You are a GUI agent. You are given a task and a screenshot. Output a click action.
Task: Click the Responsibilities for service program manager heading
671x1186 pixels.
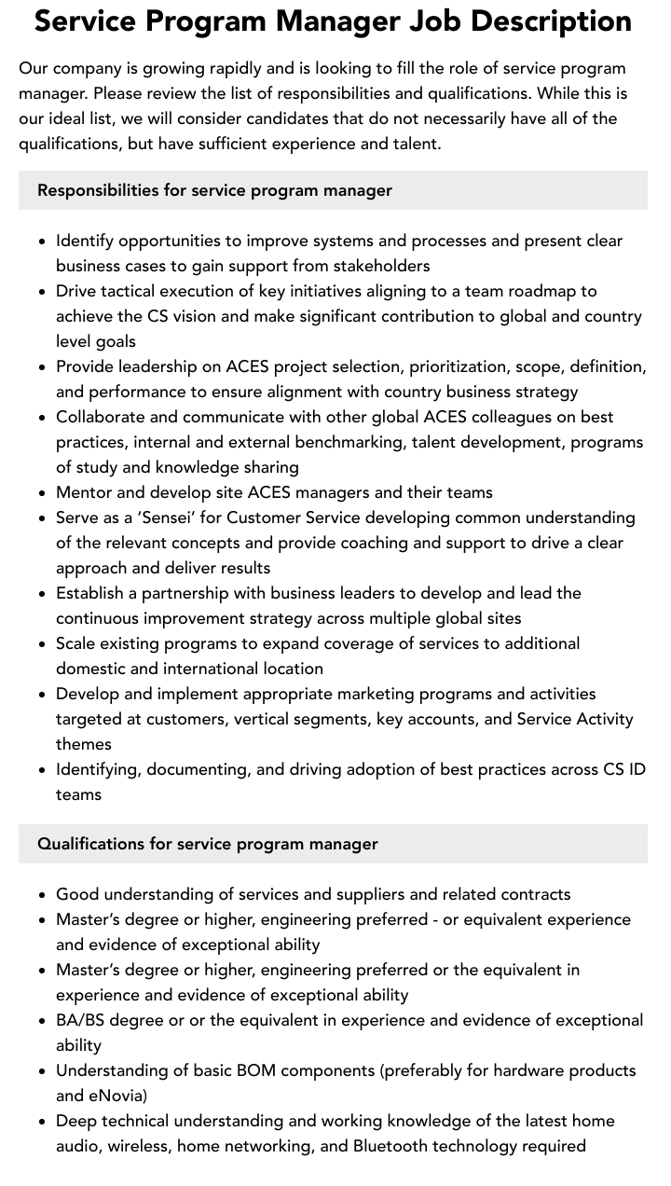(214, 190)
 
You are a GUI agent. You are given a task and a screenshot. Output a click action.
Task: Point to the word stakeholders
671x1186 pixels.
(373, 266)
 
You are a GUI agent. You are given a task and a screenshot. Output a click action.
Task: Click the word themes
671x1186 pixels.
(84, 744)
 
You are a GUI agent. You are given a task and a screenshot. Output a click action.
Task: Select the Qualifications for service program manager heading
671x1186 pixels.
(207, 844)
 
